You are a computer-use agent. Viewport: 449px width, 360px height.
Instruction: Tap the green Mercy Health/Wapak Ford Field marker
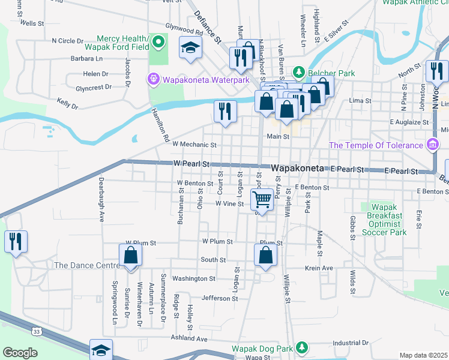click(158, 43)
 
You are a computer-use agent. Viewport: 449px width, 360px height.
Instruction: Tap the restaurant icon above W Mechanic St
click(225, 111)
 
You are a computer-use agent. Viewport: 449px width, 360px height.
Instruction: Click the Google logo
click(20, 353)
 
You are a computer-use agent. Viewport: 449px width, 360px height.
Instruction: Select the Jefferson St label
click(216, 298)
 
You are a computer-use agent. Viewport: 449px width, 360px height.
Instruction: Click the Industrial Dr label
click(349, 343)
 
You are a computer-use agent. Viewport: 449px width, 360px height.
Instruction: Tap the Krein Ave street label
click(319, 268)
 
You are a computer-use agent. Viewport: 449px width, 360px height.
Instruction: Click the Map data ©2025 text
click(424, 355)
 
